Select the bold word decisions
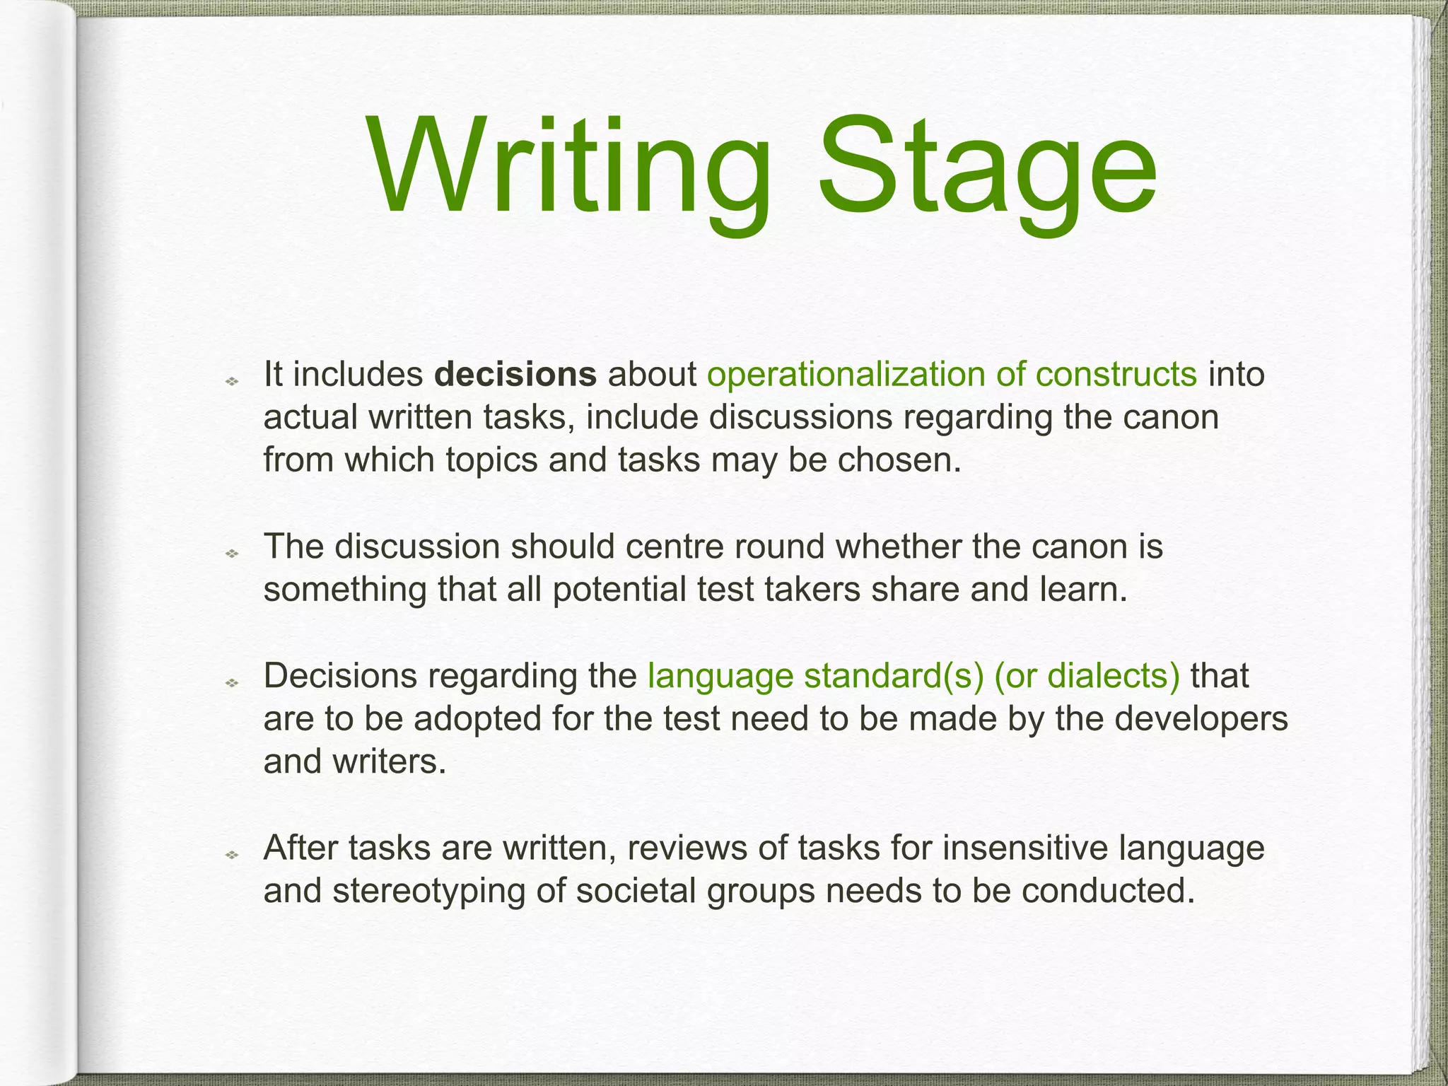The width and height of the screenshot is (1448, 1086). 515,374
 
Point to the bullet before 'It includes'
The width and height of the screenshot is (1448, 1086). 231,382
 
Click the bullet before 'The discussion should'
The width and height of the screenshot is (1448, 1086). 231,554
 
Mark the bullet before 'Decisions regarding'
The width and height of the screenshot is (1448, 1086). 231,683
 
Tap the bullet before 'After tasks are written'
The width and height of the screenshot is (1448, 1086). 231,856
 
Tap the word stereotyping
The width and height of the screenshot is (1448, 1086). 428,892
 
